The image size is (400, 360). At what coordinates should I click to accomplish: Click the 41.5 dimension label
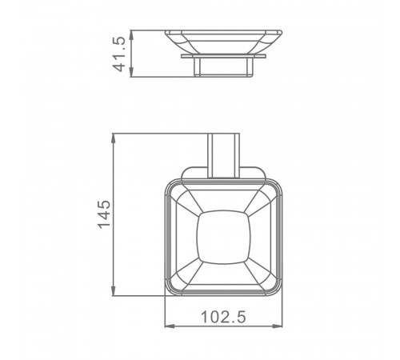[118, 54]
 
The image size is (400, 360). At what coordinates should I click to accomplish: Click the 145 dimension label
[104, 214]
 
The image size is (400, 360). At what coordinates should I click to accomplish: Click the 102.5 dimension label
[223, 317]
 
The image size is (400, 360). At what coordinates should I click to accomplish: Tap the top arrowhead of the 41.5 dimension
[131, 35]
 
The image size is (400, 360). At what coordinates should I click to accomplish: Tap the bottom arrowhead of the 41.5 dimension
[131, 72]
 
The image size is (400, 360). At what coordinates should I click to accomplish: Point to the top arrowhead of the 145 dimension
[114, 138]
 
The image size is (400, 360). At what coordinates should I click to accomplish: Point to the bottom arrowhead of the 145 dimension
[114, 290]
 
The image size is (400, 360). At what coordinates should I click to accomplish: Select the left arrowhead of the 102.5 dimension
[170, 326]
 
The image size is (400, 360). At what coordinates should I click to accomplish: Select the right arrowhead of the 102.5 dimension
[277, 326]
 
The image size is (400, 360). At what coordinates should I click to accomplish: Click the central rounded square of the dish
[223, 237]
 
